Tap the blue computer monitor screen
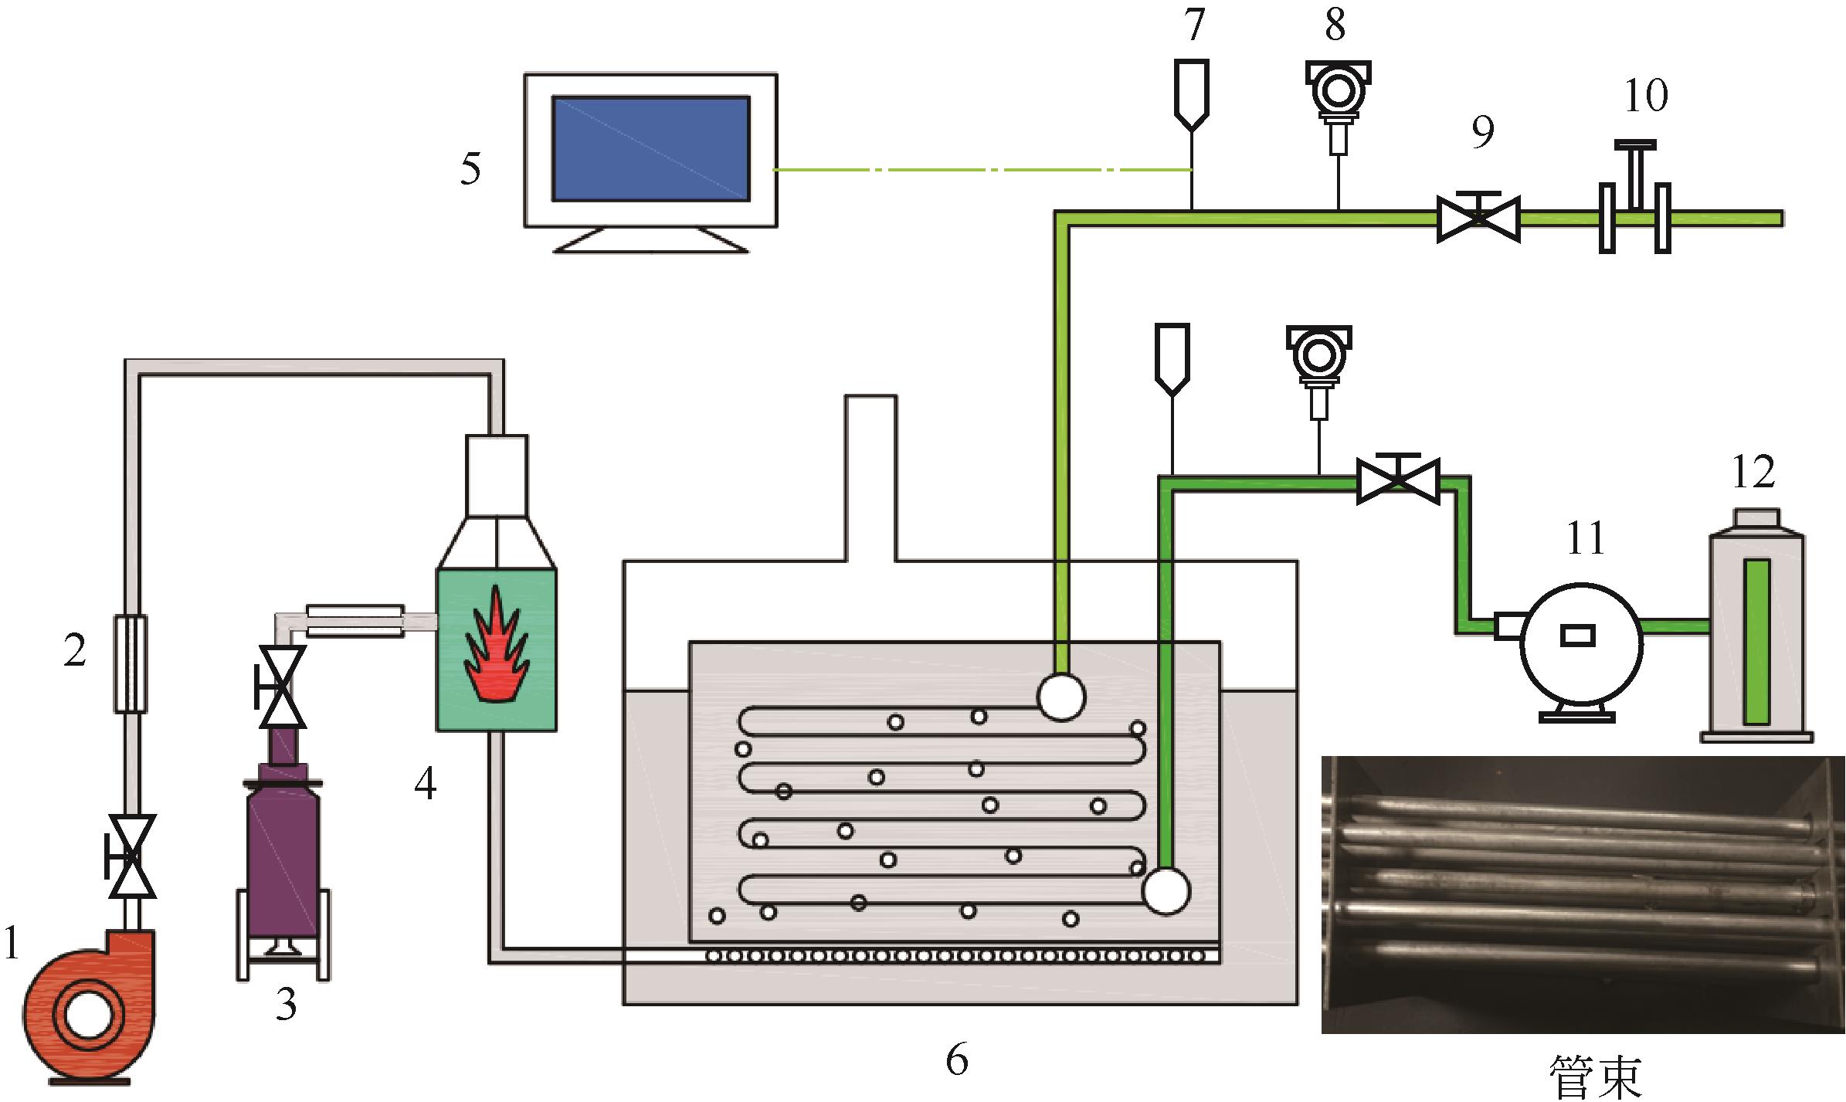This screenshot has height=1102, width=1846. (x=650, y=148)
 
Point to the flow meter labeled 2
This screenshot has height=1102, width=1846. (x=130, y=663)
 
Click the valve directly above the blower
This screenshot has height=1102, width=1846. (x=131, y=856)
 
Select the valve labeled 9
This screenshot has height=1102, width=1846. (x=1478, y=217)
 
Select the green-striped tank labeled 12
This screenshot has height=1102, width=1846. (x=1756, y=626)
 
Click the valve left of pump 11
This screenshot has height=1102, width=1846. (x=1398, y=479)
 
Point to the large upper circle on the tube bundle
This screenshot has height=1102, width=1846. (x=1061, y=697)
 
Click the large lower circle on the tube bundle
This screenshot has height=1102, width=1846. (x=1166, y=891)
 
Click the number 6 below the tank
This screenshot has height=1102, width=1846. (x=956, y=1060)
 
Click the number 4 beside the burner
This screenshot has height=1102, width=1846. (x=425, y=785)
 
